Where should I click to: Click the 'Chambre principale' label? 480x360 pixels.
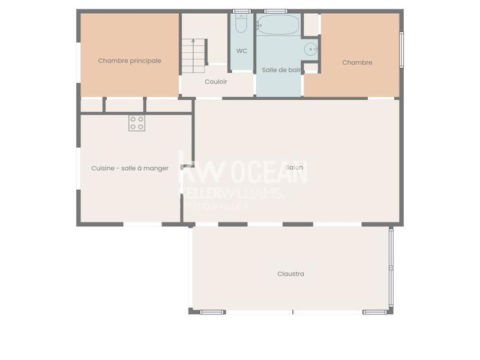pyautogui.click(x=130, y=61)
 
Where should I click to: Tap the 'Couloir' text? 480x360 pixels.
pyautogui.click(x=216, y=82)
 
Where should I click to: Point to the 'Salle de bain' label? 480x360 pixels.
pyautogui.click(x=281, y=70)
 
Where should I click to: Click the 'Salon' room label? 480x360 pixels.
pyautogui.click(x=294, y=167)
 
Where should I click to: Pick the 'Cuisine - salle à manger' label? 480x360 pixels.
pyautogui.click(x=130, y=169)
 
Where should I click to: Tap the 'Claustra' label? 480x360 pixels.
pyautogui.click(x=290, y=274)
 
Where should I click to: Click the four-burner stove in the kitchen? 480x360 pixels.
pyautogui.click(x=136, y=123)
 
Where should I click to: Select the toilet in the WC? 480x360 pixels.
pyautogui.click(x=241, y=25)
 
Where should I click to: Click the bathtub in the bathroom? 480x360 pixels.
pyautogui.click(x=277, y=25)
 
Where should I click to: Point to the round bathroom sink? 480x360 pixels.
pyautogui.click(x=311, y=49)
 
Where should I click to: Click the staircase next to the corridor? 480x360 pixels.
pyautogui.click(x=193, y=53)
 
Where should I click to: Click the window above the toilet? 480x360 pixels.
pyautogui.click(x=241, y=11)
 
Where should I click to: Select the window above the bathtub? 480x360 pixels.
pyautogui.click(x=275, y=11)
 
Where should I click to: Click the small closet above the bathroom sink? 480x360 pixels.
pyautogui.click(x=311, y=25)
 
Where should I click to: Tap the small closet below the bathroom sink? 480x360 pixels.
pyautogui.click(x=311, y=68)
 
